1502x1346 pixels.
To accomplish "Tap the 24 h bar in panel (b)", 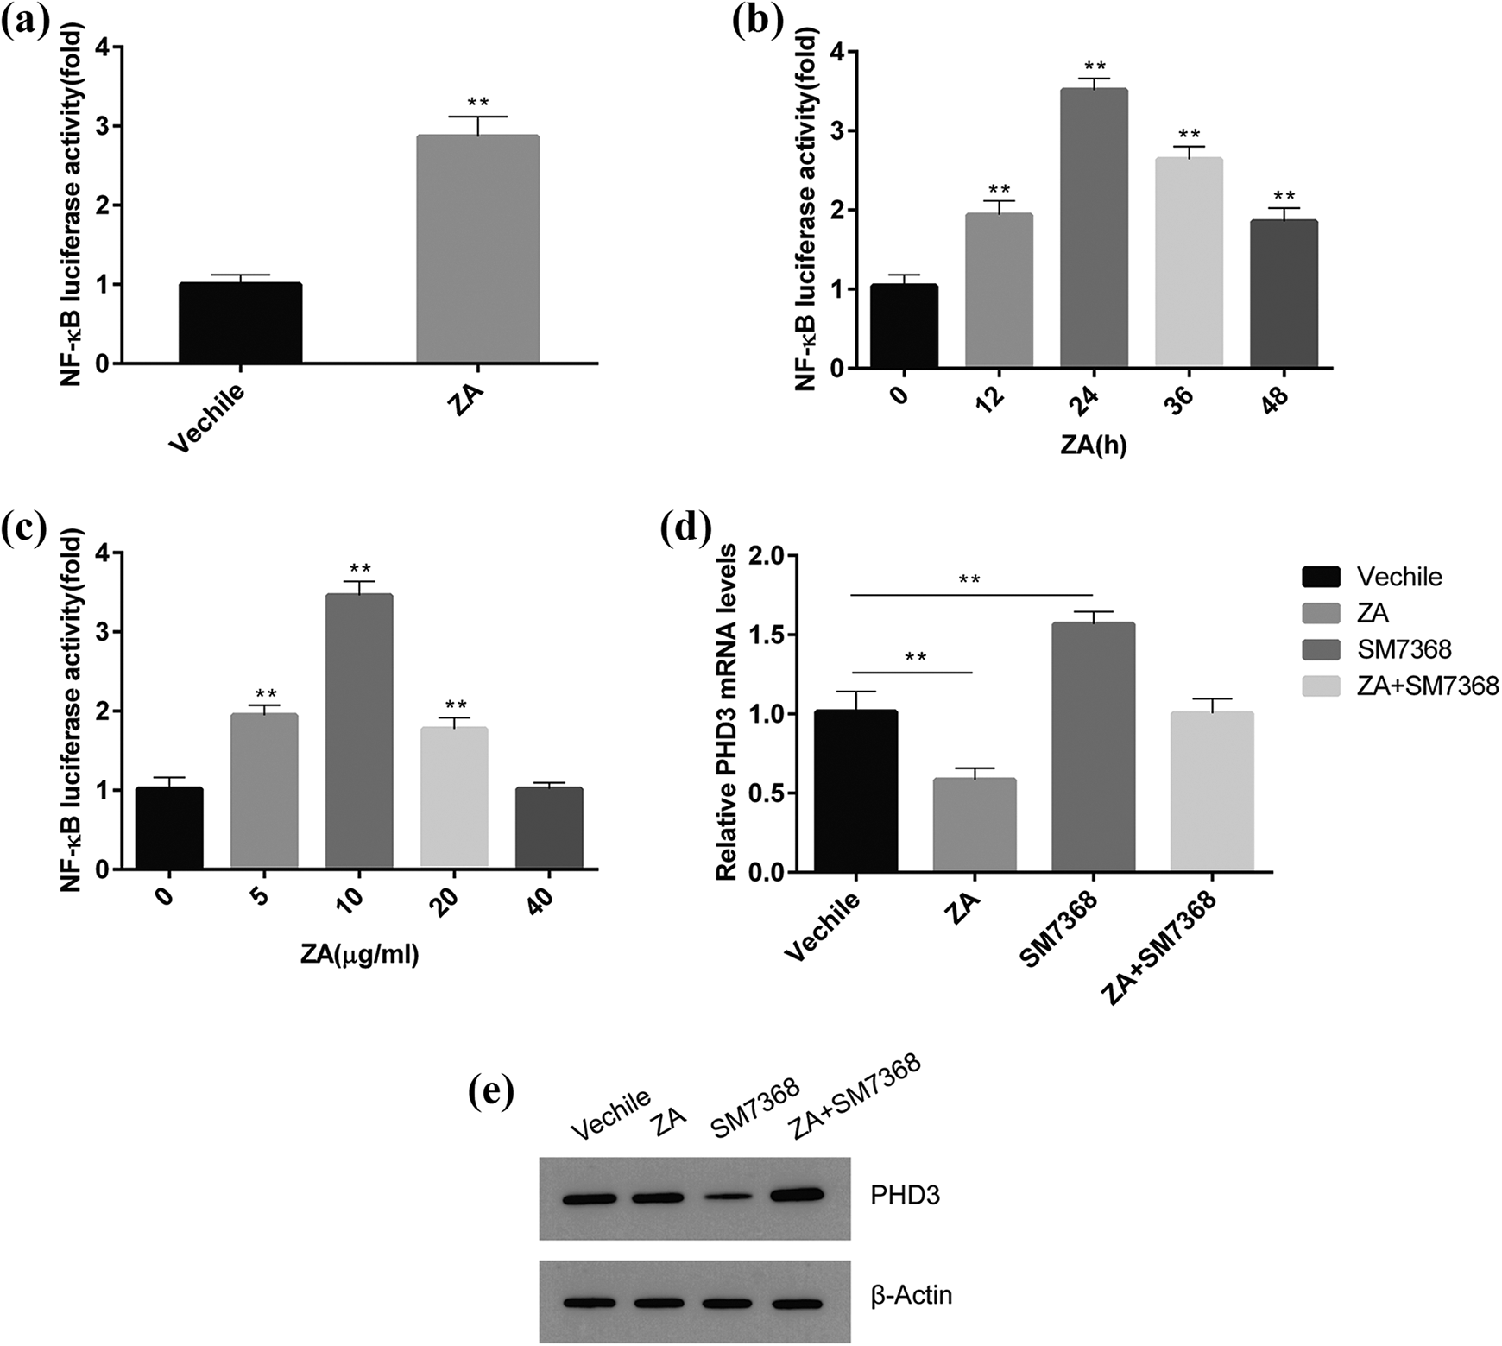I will [1094, 228].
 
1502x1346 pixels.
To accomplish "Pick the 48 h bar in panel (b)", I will [1284, 294].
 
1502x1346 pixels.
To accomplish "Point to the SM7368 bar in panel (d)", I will [1093, 746].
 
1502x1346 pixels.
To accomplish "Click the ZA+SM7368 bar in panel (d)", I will [1212, 791].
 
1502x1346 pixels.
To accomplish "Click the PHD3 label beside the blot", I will [905, 1197].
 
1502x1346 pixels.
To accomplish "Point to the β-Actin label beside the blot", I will [912, 1295].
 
